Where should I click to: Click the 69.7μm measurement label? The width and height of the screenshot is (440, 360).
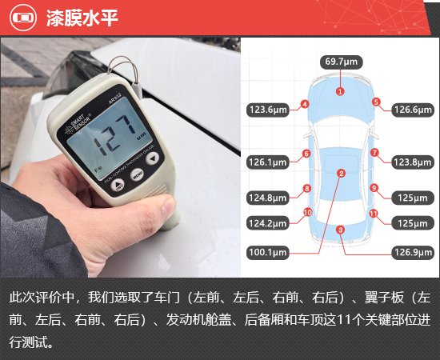coord(342,62)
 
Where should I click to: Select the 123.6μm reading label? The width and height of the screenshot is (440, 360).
coord(268,110)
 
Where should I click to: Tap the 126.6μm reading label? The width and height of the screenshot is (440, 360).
coord(413,110)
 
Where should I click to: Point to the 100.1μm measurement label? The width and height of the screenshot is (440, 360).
coord(268,252)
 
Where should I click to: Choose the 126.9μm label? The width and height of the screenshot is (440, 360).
coord(413,252)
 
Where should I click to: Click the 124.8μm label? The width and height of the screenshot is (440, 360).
coord(268,198)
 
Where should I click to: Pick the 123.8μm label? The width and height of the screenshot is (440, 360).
coord(413,162)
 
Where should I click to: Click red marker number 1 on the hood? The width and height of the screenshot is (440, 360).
coord(340,91)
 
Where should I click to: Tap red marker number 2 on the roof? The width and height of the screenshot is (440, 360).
coord(342,174)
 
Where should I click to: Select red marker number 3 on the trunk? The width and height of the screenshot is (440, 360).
coord(340,230)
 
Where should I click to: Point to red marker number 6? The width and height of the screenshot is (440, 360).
coord(306,154)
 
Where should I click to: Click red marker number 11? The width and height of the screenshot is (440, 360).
coord(374,214)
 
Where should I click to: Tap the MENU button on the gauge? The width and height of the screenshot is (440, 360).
coord(138,175)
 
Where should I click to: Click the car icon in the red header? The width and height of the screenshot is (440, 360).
coord(23,18)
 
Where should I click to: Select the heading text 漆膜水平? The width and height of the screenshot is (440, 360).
coord(82,18)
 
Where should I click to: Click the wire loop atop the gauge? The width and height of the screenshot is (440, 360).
coord(124,70)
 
